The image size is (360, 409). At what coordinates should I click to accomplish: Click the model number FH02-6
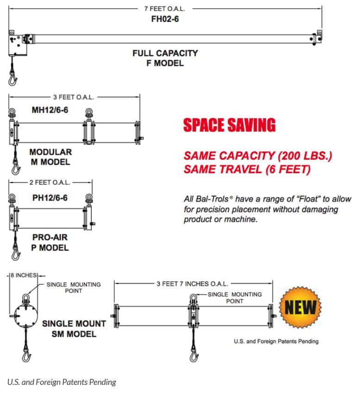point(165,19)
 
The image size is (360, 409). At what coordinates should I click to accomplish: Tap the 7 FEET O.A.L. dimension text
point(165,9)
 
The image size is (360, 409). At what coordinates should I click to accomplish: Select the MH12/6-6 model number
point(50,110)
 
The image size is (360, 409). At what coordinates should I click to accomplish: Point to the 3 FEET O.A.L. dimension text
point(74,97)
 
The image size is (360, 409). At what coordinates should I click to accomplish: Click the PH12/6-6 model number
point(50,198)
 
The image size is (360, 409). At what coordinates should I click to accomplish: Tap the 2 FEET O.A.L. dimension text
point(50,182)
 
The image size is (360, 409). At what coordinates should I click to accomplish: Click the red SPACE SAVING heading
point(229,125)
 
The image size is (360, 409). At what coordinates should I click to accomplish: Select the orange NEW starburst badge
point(300,307)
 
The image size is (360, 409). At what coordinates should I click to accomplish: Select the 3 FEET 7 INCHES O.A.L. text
point(192,284)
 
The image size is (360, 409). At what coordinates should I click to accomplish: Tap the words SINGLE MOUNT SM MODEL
point(74,329)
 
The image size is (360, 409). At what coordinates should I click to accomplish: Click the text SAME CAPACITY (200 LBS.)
point(258,156)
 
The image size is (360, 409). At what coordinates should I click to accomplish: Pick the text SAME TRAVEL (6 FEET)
point(247,169)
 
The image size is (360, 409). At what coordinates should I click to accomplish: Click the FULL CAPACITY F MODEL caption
point(165,58)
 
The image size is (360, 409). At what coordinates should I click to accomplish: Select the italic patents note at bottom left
point(62,382)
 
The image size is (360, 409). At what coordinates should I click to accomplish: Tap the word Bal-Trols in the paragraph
point(212,199)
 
